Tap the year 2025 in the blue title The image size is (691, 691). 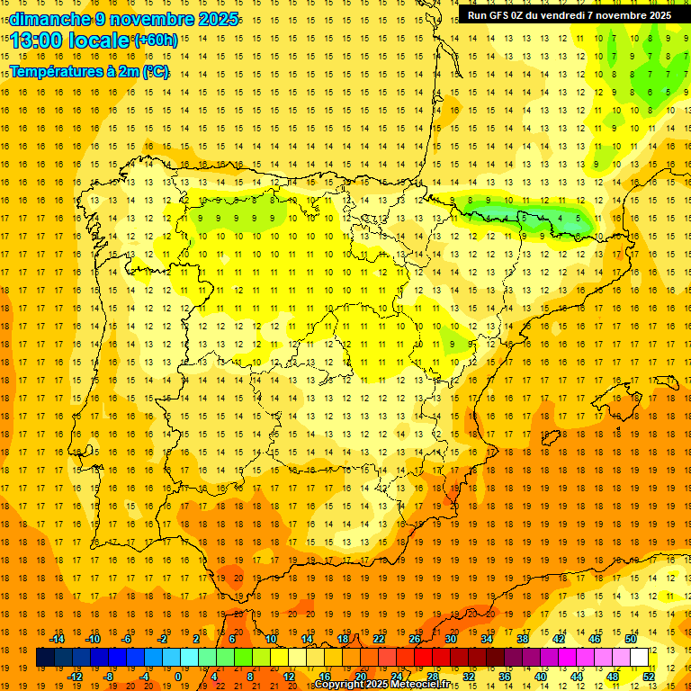tap(217, 19)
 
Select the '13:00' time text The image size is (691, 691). tap(39, 40)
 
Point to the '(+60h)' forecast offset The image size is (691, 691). tap(156, 40)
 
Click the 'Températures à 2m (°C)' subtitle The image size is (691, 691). tap(89, 71)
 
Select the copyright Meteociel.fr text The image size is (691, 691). tap(381, 685)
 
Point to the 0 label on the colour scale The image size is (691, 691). tap(177, 677)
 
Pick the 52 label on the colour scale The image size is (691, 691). tap(649, 677)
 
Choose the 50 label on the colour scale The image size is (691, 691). tap(631, 639)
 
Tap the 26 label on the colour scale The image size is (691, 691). tap(415, 639)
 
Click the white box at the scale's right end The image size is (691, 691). tap(640, 658)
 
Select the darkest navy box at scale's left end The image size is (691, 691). tap(45, 658)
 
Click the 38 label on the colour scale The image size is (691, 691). tap(523, 639)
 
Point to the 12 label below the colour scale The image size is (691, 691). tap(289, 677)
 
